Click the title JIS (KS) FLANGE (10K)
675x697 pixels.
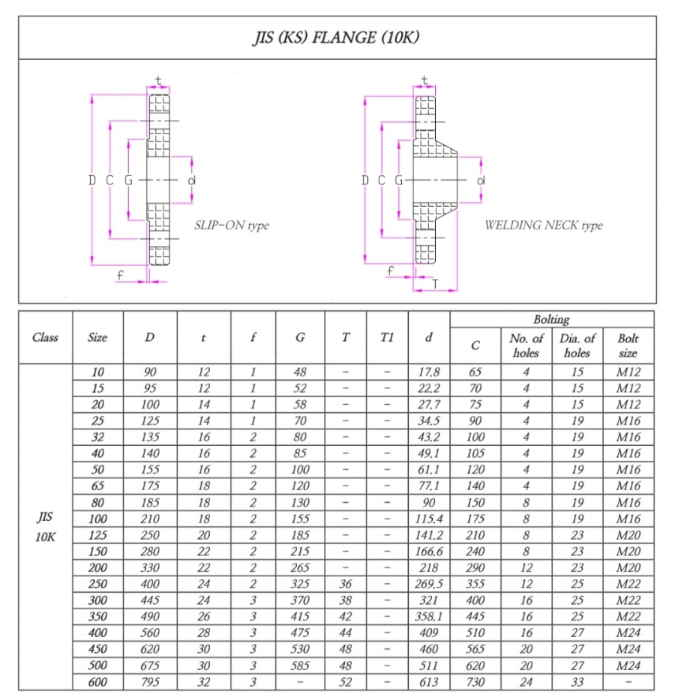click(336, 37)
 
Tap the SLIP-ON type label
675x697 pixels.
click(231, 225)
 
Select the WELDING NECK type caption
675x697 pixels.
click(543, 225)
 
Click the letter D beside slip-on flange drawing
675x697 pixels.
click(91, 181)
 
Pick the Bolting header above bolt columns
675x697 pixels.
click(551, 319)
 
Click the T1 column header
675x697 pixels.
click(387, 337)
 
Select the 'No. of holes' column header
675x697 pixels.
click(526, 346)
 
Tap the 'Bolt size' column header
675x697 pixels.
click(628, 346)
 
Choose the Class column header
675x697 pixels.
click(45, 337)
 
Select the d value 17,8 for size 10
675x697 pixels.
click(428, 372)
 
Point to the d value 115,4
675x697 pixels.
click(428, 519)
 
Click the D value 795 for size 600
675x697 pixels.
click(150, 682)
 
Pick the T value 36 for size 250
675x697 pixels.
click(345, 584)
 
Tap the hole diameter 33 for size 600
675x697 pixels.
click(577, 682)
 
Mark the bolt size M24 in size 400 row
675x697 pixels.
click(628, 633)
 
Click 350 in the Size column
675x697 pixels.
click(97, 617)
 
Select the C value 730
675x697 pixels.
click(475, 682)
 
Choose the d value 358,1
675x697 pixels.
click(428, 617)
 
